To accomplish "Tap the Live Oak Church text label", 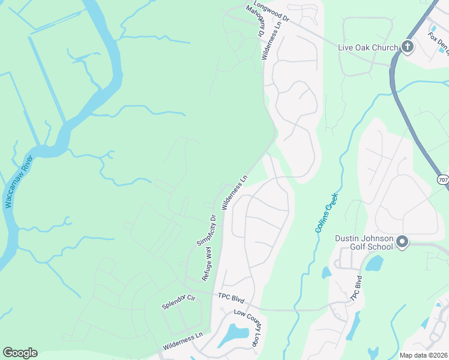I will (x=368, y=47).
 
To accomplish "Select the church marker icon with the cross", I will (x=408, y=46).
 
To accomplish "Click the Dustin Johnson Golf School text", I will (x=364, y=244).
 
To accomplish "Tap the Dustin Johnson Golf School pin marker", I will (x=402, y=242).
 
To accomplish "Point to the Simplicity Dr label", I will (x=205, y=229).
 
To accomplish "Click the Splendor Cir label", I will (x=179, y=301).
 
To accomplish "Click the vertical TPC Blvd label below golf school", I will (x=355, y=288).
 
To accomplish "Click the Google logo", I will (x=20, y=353).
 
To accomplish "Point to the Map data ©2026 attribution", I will (x=423, y=355).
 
